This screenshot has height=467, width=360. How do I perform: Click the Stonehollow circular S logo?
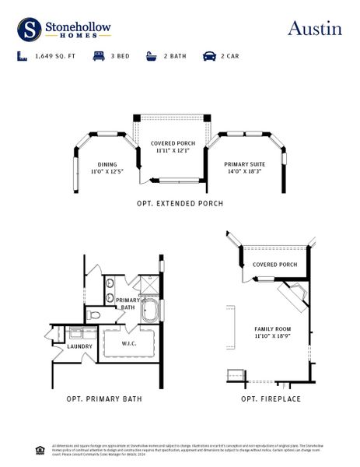pyautogui.click(x=30, y=30)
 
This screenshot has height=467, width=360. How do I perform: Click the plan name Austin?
pyautogui.click(x=314, y=29)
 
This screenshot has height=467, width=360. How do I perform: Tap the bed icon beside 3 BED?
pyautogui.click(x=99, y=56)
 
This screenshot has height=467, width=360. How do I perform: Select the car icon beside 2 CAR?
pyautogui.click(x=209, y=56)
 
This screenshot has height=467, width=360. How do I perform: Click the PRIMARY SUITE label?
pyautogui.click(x=244, y=164)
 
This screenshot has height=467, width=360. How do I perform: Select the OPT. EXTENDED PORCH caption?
pyautogui.click(x=180, y=204)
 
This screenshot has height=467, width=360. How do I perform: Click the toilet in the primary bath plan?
pyautogui.click(x=94, y=315)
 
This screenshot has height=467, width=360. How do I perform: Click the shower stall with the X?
pyautogui.click(x=150, y=284)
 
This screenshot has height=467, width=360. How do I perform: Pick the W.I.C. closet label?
pyautogui.click(x=130, y=343)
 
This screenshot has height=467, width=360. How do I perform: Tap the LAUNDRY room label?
pyautogui.click(x=80, y=346)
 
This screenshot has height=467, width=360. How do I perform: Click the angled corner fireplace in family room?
pyautogui.click(x=295, y=293)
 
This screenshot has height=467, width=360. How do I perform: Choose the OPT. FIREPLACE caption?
pyautogui.click(x=271, y=399)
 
